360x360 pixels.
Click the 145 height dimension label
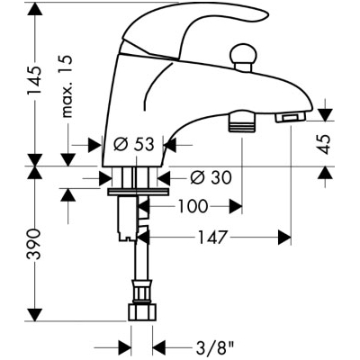pos(33,80)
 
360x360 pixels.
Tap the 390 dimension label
pos(33,244)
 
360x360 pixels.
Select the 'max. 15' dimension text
pos(67,85)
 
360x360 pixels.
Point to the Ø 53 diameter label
pos(134,145)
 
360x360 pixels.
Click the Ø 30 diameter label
pos(211,177)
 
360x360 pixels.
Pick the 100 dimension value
pos(193,206)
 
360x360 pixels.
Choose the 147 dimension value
pos(211,238)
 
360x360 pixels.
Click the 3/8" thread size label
pos(213,349)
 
